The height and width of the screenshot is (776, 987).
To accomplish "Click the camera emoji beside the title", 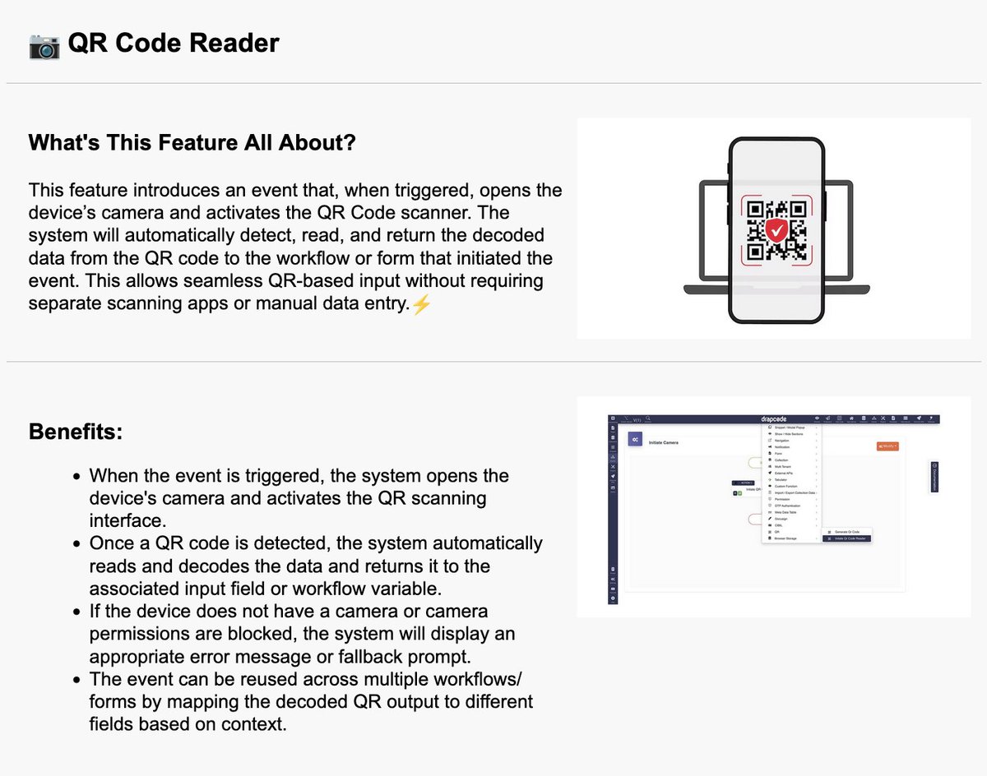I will [x=44, y=44].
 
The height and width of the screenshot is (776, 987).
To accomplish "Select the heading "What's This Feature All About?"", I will [x=192, y=142].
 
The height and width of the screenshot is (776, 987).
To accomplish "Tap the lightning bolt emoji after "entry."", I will [x=420, y=303].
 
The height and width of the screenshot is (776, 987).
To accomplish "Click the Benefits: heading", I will [x=76, y=432].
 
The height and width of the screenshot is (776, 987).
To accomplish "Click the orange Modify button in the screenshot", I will [x=887, y=446].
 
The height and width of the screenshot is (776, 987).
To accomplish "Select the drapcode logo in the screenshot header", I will [x=773, y=419].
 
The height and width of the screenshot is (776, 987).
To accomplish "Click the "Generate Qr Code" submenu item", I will [x=848, y=531].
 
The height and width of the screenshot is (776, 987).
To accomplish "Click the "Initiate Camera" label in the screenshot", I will [x=664, y=443].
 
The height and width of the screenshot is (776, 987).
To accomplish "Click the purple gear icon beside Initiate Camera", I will [x=636, y=441].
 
